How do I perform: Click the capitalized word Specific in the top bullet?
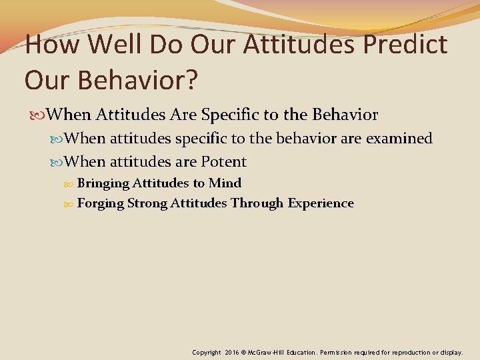tap(229, 115)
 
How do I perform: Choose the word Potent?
tap(224, 162)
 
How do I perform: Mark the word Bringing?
tap(103, 183)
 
